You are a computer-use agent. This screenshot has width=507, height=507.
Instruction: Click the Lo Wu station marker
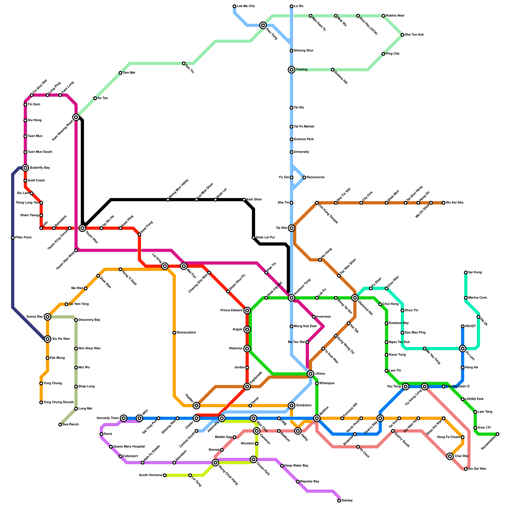(292, 6)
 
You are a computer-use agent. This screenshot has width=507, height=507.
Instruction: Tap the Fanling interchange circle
(292, 70)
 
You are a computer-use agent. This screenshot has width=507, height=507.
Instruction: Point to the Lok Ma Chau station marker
(234, 6)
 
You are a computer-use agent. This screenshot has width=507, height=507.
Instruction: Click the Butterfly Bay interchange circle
(25, 168)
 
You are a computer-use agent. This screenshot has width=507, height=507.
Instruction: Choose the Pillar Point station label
(23, 238)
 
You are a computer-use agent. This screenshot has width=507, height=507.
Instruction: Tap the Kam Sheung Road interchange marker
(76, 117)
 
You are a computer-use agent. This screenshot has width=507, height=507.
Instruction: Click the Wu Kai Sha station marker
(444, 203)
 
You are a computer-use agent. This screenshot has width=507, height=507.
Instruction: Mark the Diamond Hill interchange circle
(355, 298)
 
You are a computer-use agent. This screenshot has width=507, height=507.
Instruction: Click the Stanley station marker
(339, 501)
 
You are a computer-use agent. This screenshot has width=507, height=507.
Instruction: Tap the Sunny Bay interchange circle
(48, 317)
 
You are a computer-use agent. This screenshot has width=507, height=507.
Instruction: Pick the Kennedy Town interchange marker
(124, 418)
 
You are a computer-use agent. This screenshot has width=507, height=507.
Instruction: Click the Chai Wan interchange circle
(450, 456)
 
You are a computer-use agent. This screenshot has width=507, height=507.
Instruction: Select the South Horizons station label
(151, 475)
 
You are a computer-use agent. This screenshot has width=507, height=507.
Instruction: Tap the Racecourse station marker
(304, 177)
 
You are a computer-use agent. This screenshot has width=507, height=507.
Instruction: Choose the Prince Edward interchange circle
(247, 311)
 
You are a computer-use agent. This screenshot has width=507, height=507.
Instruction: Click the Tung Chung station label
(52, 383)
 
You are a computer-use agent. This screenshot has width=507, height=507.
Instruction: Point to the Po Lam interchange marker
(463, 349)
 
